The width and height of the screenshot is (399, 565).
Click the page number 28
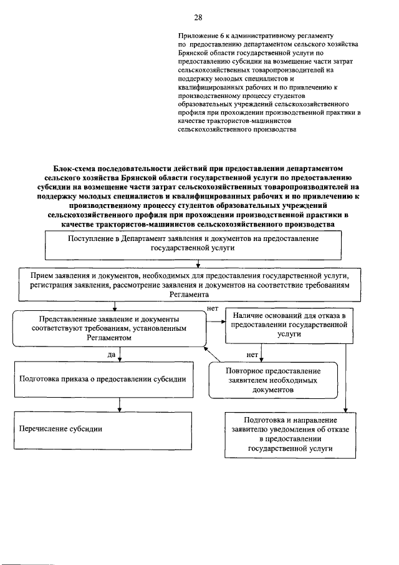point(198,17)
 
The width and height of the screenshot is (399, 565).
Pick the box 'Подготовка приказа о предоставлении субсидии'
point(103,379)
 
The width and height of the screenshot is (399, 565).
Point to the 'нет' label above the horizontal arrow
point(211,308)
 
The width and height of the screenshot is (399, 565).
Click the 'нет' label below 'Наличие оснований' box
point(252,354)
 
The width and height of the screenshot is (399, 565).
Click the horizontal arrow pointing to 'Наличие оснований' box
point(215,322)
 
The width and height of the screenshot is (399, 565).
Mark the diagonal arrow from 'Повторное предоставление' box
point(215,356)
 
